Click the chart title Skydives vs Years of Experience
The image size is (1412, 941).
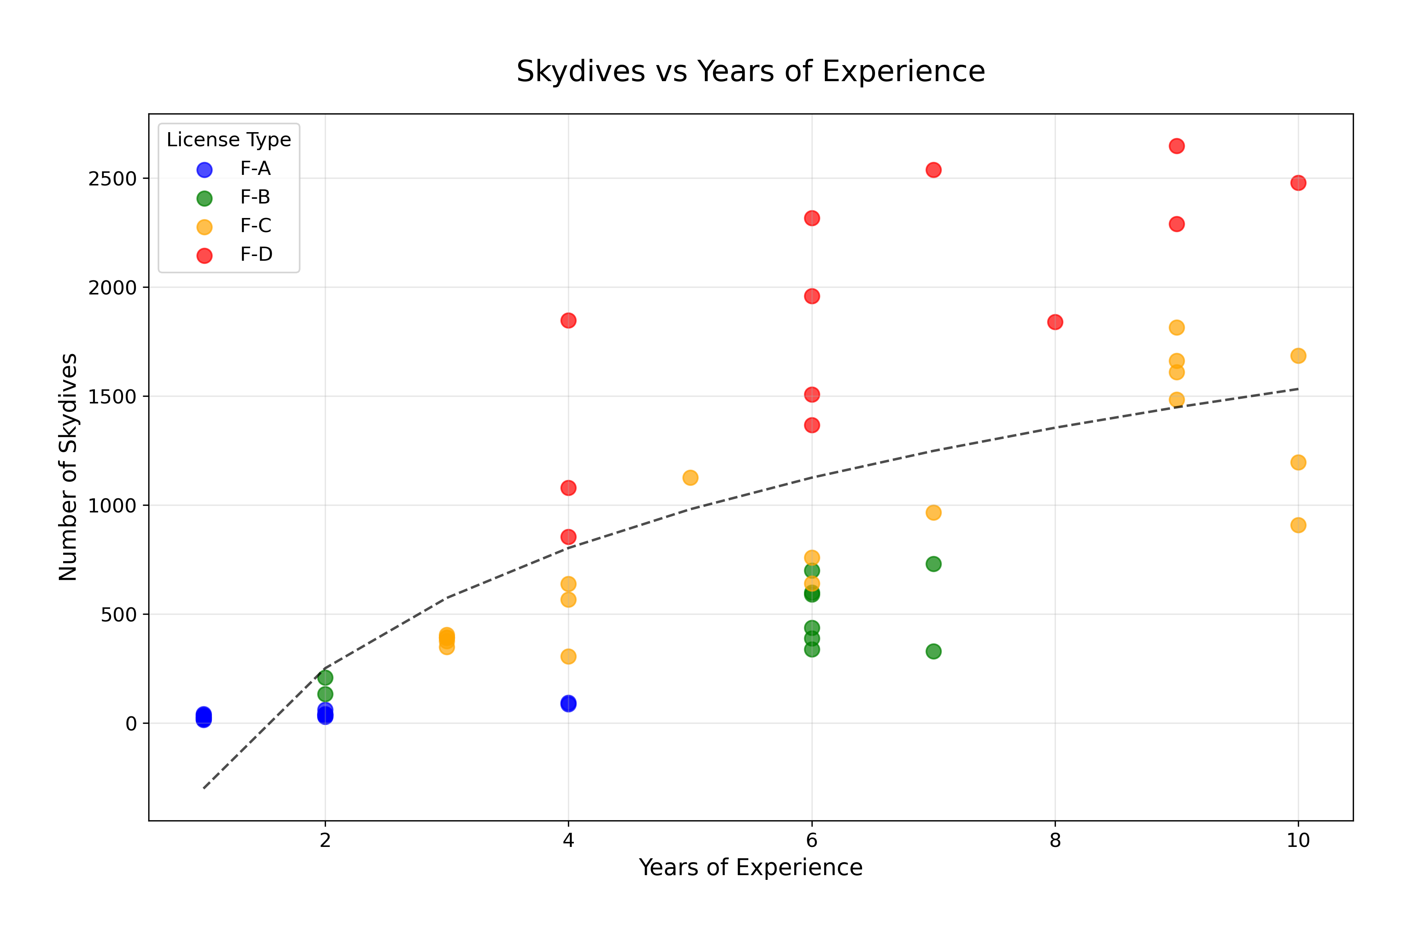click(750, 71)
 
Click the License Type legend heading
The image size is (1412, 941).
click(229, 140)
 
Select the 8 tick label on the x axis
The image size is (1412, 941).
click(1055, 840)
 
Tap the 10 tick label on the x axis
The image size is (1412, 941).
click(1298, 840)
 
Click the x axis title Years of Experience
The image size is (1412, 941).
click(750, 868)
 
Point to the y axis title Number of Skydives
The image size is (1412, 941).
click(68, 467)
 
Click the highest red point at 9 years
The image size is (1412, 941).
click(1177, 146)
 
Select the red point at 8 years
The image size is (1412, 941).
click(1055, 322)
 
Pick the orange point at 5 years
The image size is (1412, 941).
click(690, 478)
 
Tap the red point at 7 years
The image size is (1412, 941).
click(933, 170)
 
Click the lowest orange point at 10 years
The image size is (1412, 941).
click(1298, 525)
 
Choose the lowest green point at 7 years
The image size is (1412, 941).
click(933, 652)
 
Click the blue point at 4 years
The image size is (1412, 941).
click(568, 703)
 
